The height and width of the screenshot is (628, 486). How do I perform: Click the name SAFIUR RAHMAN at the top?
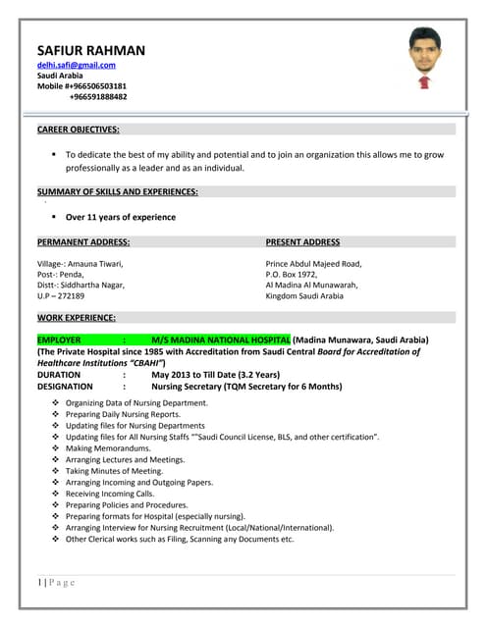click(90, 50)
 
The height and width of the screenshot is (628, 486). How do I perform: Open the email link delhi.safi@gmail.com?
click(77, 65)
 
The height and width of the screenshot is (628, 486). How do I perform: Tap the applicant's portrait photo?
click(423, 58)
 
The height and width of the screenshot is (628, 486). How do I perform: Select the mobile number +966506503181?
click(97, 85)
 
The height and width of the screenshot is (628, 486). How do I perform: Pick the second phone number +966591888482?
click(97, 96)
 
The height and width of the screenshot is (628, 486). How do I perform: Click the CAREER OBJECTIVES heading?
click(79, 130)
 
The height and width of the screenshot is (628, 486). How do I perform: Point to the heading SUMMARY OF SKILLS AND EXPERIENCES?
click(118, 191)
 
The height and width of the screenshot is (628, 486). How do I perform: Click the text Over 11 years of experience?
click(121, 217)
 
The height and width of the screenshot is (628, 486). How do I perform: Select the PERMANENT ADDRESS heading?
click(83, 241)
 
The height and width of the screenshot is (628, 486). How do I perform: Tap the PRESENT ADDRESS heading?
click(302, 241)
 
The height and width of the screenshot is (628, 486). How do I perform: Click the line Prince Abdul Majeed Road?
click(313, 263)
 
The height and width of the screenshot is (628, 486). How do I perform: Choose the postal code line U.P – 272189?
click(61, 295)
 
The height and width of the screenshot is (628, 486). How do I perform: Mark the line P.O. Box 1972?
click(295, 274)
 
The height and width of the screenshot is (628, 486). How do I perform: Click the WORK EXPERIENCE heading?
click(77, 318)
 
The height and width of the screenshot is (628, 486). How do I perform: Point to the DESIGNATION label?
click(65, 387)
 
